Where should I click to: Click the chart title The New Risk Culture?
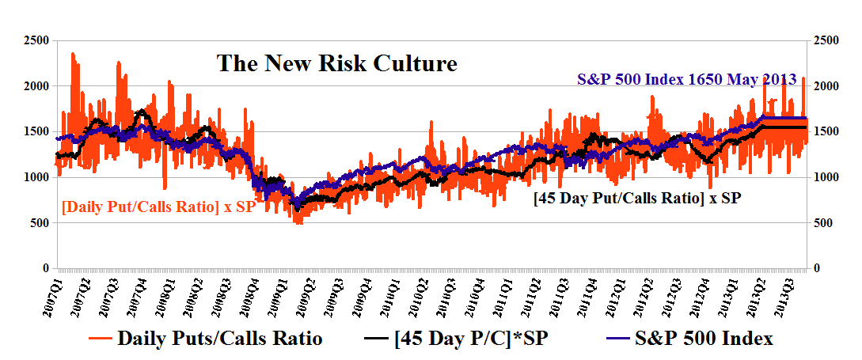coord(337,63)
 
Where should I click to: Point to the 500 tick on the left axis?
coord(39,223)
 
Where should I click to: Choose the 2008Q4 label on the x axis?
coord(249,294)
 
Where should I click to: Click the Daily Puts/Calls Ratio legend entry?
coord(218,339)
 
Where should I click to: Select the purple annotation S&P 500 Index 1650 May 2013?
coord(687,80)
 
